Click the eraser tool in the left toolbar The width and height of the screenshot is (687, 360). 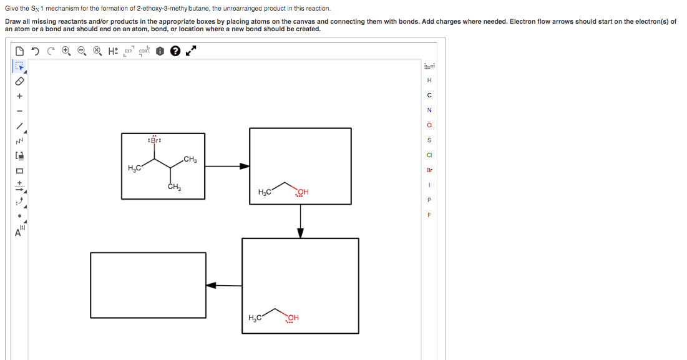point(19,80)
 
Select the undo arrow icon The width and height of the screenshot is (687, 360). point(35,52)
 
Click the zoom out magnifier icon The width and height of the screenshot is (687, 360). point(82,52)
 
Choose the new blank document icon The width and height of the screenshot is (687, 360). point(20,52)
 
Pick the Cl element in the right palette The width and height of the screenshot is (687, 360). point(429,155)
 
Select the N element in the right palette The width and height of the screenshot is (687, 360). point(429,110)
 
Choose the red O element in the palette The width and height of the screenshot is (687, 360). point(429,125)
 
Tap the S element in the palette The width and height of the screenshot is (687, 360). point(429,140)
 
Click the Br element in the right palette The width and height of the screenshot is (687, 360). point(429,170)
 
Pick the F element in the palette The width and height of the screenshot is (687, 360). point(429,215)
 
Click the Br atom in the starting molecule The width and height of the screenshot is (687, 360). point(153,141)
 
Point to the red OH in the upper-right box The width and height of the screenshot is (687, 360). point(303,192)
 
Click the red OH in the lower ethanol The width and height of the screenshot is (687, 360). point(293,318)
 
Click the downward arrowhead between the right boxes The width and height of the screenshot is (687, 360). point(300,232)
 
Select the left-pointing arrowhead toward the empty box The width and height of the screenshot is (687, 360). point(212,285)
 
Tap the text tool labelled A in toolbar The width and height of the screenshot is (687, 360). point(19,233)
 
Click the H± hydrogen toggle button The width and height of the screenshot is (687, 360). point(113,52)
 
